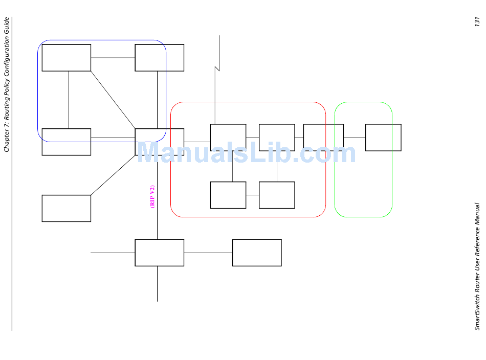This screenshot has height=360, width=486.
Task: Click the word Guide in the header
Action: pos(7,26)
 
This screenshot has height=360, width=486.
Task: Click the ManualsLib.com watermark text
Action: pos(246,152)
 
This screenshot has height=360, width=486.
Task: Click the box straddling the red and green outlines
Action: pos(323,137)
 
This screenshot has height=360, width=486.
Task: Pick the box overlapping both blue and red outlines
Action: pos(159,142)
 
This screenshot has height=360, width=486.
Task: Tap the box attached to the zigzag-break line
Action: pos(228,137)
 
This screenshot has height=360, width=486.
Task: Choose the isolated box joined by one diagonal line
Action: pos(67,208)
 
